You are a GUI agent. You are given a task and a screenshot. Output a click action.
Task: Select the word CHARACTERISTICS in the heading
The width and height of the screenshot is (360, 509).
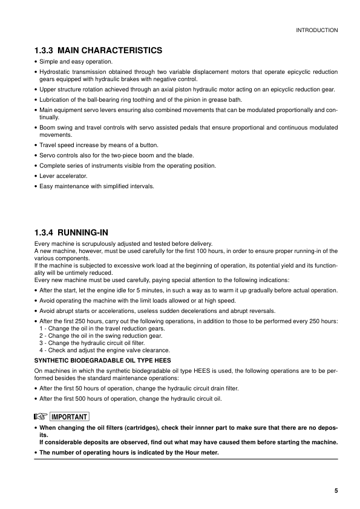coord(128,50)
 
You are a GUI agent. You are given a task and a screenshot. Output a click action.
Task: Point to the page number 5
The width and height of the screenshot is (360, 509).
coord(336,490)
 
